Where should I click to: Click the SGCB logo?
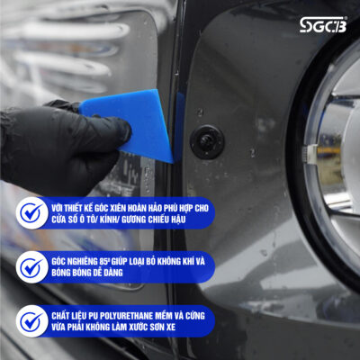323,24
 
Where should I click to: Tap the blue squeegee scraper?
132,124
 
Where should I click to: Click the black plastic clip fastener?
207,142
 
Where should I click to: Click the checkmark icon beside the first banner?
31,213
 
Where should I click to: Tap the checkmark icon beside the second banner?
31,267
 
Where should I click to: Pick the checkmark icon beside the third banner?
31,321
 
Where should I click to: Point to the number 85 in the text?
103,262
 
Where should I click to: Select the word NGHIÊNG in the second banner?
82,262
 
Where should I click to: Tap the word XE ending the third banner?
171,327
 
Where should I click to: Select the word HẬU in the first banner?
177,220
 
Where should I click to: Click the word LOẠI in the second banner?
138,262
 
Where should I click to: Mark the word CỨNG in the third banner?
195,316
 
